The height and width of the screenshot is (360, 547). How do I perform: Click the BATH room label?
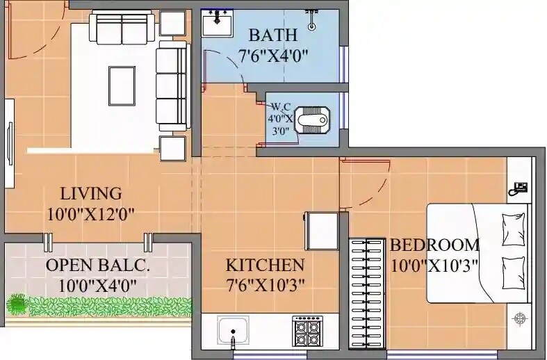(x=272, y=35)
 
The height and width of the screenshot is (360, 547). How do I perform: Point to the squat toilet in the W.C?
(x=311, y=120)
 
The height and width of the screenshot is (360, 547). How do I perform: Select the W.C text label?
(x=281, y=106)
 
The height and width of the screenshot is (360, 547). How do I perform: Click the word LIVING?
(x=90, y=193)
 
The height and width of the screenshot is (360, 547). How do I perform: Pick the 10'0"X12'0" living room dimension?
(x=90, y=214)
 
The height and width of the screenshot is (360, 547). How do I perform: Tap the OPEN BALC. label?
(x=97, y=265)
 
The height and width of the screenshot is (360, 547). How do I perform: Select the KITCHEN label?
(x=265, y=265)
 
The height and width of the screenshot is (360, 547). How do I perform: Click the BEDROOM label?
(x=434, y=245)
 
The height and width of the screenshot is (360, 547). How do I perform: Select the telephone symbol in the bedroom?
(x=519, y=186)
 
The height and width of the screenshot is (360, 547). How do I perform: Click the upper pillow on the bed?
(x=513, y=229)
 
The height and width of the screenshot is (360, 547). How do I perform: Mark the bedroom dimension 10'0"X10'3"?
(x=434, y=265)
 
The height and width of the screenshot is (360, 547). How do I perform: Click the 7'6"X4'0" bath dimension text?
(x=272, y=56)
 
